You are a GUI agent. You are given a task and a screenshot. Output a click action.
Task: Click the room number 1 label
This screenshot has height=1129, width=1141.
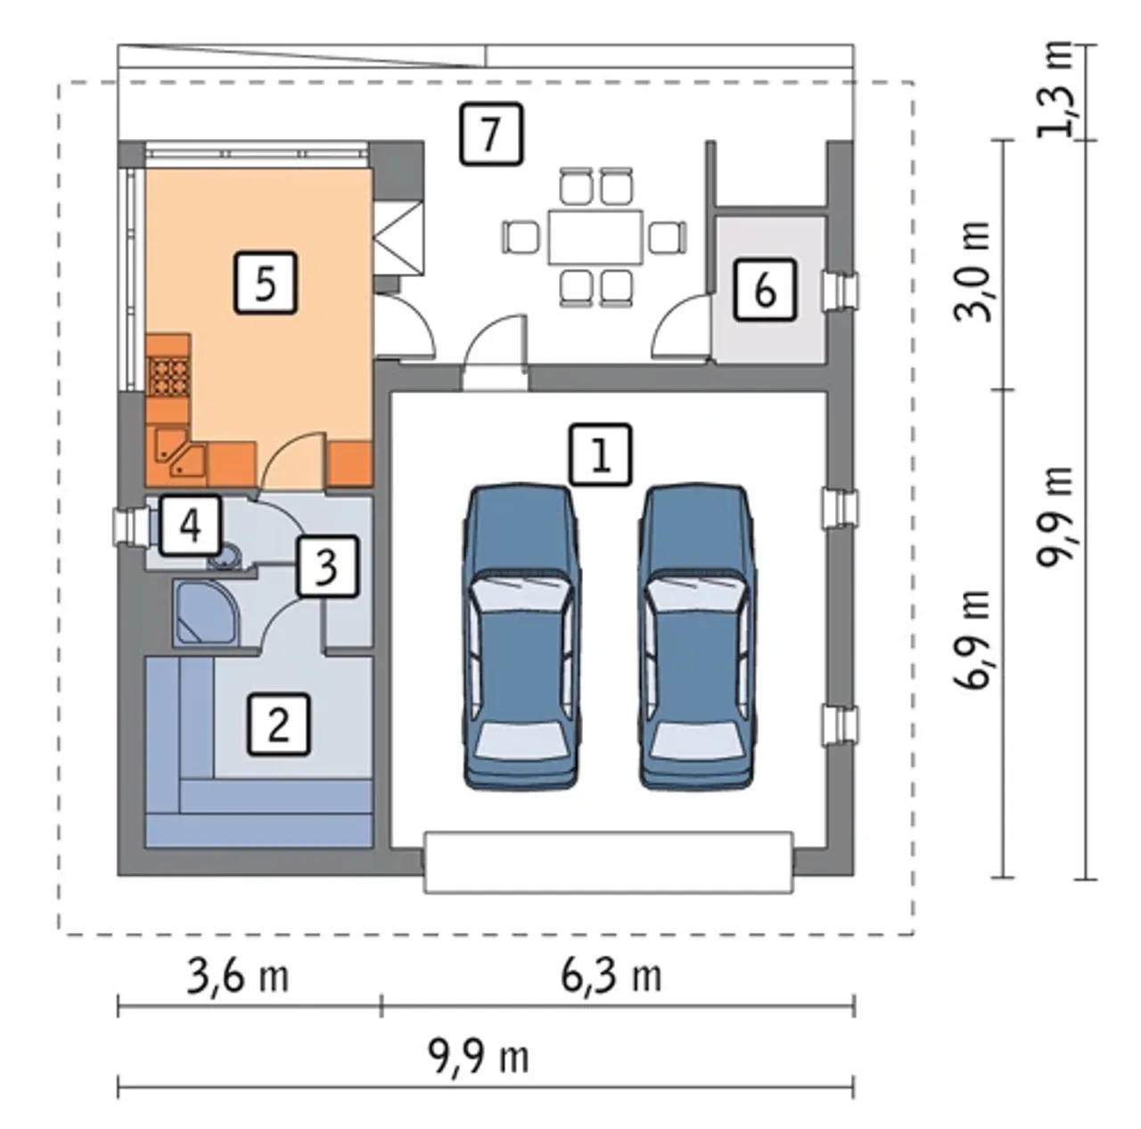coord(601,455)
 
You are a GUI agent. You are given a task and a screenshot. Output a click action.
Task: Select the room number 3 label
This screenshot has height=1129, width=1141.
coord(327,567)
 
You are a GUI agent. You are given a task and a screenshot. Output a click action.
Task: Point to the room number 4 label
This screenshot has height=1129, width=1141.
coord(191,526)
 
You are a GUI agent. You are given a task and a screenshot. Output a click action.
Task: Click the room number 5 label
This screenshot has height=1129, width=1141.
coord(266,282)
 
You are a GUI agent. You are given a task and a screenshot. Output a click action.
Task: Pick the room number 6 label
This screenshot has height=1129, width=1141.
coord(765,290)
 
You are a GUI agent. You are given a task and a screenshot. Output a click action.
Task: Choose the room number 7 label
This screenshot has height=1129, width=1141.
coord(491,133)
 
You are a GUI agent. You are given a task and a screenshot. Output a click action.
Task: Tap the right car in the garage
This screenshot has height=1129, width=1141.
coord(697,636)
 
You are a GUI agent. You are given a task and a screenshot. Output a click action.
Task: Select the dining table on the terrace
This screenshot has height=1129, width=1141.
coord(595,237)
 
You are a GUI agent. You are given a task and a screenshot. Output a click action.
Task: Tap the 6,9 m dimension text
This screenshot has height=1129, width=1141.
coord(973,639)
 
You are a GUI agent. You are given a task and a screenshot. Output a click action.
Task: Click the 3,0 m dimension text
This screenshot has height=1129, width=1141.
coord(973,271)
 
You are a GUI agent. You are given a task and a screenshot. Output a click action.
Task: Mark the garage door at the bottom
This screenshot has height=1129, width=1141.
coord(608,862)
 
